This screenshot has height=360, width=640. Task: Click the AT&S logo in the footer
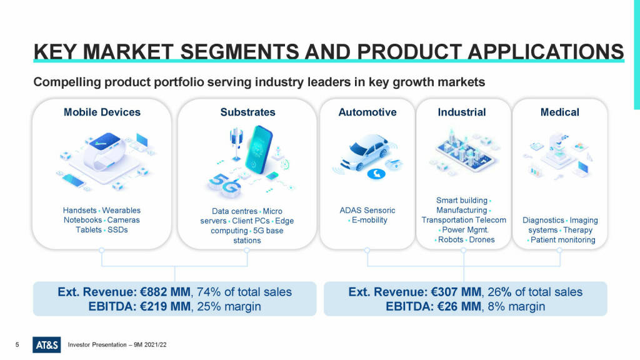click(47, 344)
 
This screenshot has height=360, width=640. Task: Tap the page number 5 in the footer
click(17, 344)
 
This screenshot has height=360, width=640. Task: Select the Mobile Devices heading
click(102, 112)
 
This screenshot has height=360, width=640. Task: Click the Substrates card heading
click(247, 112)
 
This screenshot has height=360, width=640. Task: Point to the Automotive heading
click(367, 112)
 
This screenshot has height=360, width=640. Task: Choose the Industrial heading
click(462, 112)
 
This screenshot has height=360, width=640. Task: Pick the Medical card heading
click(559, 112)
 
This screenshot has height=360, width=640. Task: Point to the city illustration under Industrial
click(463, 150)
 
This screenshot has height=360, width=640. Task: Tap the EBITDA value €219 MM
click(167, 307)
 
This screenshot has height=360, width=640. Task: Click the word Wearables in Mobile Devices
click(121, 211)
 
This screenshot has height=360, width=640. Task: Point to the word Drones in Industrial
click(481, 240)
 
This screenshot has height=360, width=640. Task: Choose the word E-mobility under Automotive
click(369, 220)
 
